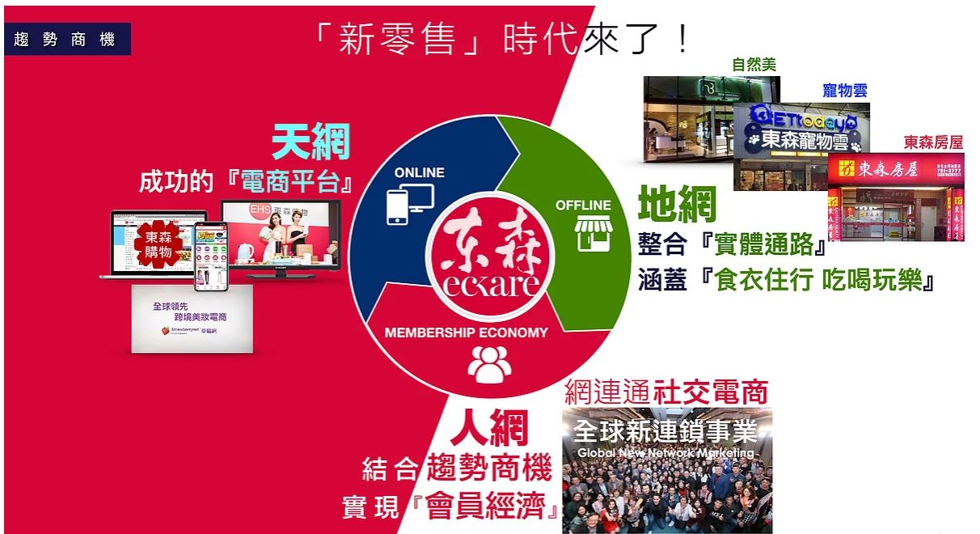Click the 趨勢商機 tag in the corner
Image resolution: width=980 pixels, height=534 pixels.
click(x=65, y=39)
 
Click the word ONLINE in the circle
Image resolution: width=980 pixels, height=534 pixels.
click(x=420, y=172)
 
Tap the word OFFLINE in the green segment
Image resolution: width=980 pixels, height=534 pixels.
click(x=583, y=206)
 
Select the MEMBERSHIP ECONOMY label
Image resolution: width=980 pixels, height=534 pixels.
click(x=466, y=332)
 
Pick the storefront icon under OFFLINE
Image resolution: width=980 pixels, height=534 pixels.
click(x=593, y=233)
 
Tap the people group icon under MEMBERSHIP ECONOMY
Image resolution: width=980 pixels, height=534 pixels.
click(x=489, y=364)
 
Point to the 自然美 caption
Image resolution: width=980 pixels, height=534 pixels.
click(x=754, y=65)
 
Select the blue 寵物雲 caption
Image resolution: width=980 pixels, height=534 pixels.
click(x=845, y=91)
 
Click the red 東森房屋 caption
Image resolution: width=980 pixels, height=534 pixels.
click(x=934, y=142)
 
